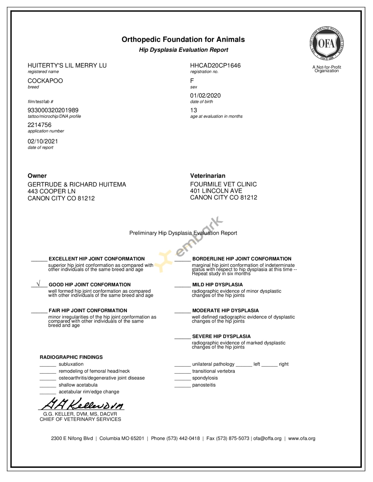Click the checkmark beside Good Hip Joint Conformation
38,284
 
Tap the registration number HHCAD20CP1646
215,65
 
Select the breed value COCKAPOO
45,81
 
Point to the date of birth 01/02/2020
205,96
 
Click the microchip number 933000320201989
53,110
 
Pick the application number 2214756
39,125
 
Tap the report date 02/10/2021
43,141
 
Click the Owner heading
37,176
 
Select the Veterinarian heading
208,176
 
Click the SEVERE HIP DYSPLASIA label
221,336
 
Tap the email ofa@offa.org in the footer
267,438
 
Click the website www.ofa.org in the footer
302,438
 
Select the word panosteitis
204,385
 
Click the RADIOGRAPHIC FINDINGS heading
71,357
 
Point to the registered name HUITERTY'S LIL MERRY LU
67,65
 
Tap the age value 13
194,110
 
